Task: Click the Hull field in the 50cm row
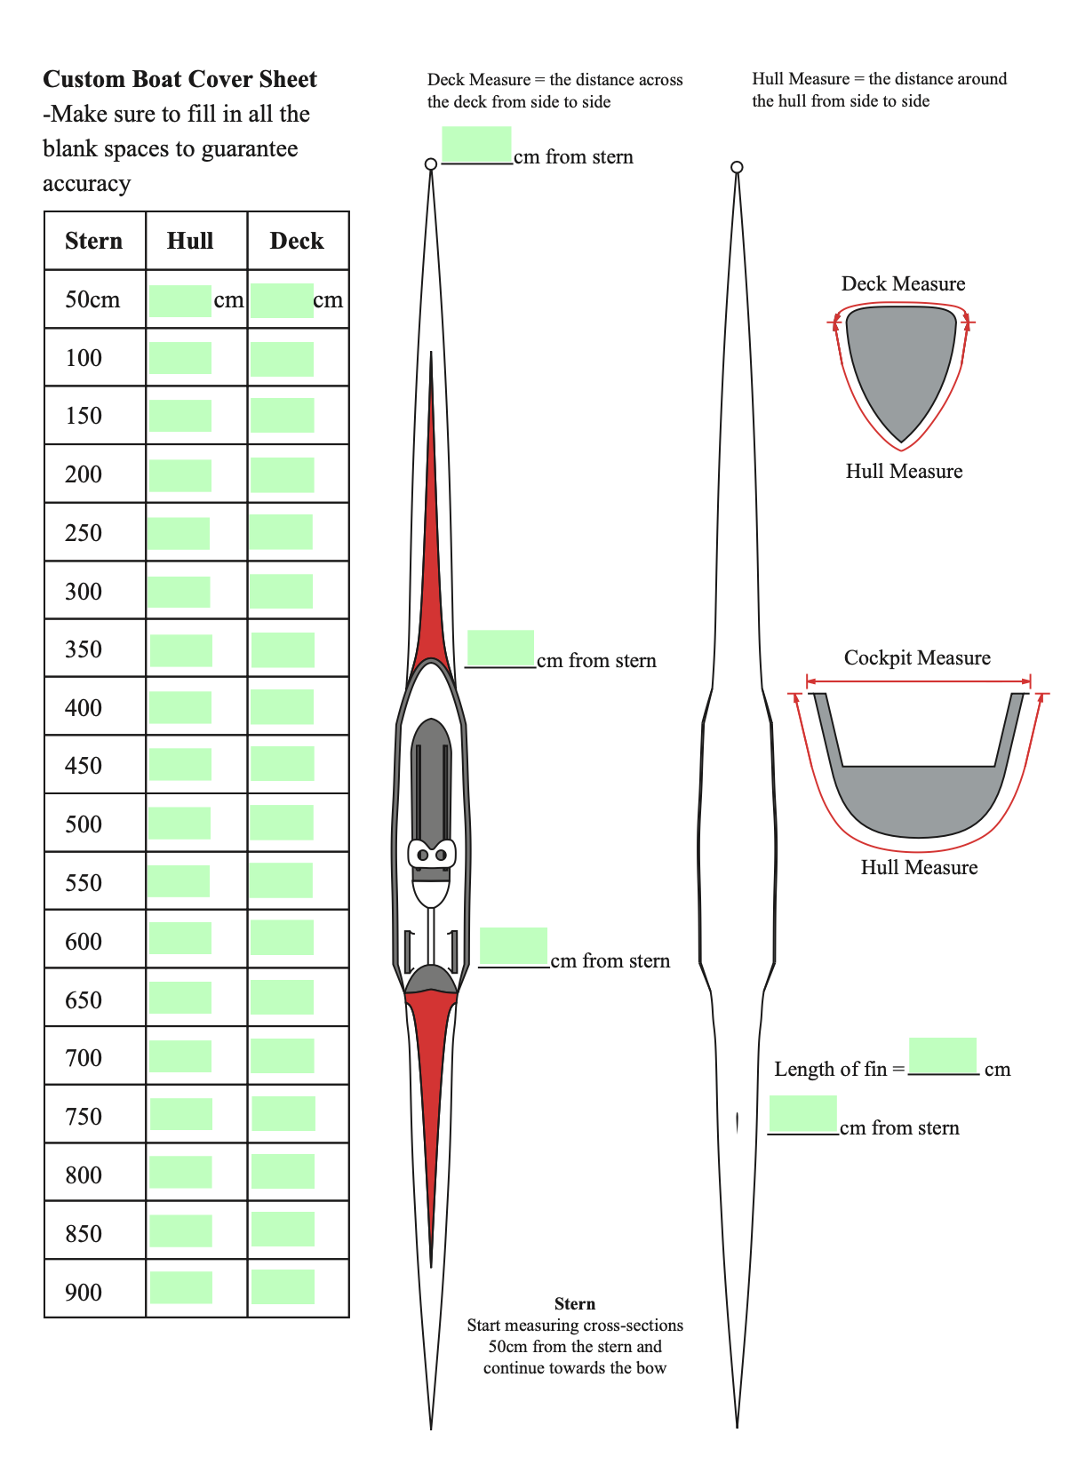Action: point(180,300)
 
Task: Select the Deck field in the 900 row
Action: point(283,1286)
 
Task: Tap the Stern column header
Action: point(93,241)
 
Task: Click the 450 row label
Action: point(84,765)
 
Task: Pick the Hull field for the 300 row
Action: point(179,592)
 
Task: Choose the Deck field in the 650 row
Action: point(282,997)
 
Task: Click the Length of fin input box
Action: point(943,1055)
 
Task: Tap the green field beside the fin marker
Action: point(802,1113)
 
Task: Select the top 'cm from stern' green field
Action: point(476,144)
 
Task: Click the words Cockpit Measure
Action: point(917,657)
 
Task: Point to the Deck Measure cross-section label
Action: point(903,283)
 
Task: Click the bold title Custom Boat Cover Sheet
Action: point(179,79)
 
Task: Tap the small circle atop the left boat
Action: point(431,163)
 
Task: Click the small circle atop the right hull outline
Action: point(737,167)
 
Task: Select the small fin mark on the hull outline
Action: point(738,1123)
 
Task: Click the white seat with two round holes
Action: point(432,854)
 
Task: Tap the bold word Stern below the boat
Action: point(574,1303)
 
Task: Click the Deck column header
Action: point(297,241)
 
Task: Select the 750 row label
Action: point(84,1116)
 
